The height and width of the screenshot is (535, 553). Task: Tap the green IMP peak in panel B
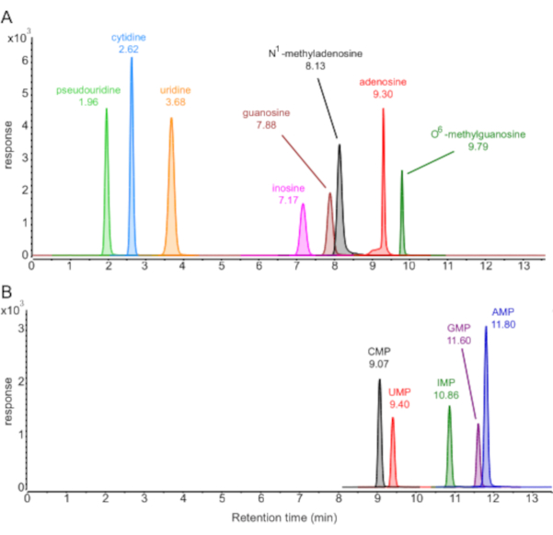[449, 451]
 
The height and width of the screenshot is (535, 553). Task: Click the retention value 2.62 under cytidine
[128, 49]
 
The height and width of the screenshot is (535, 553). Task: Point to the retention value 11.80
[503, 323]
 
